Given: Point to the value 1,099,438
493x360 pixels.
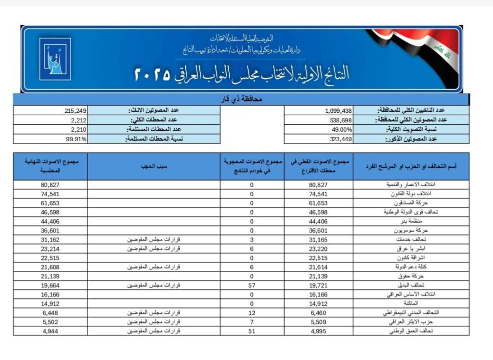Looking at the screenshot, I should coord(339,110).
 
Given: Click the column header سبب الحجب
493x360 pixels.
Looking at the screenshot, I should coord(154,166).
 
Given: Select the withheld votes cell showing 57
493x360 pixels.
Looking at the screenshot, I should coord(252,285).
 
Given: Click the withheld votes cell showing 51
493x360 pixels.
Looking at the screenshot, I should coord(252,331).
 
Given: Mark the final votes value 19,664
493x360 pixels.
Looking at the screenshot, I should coord(51,285).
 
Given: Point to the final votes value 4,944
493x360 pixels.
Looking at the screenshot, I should coord(51,331).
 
